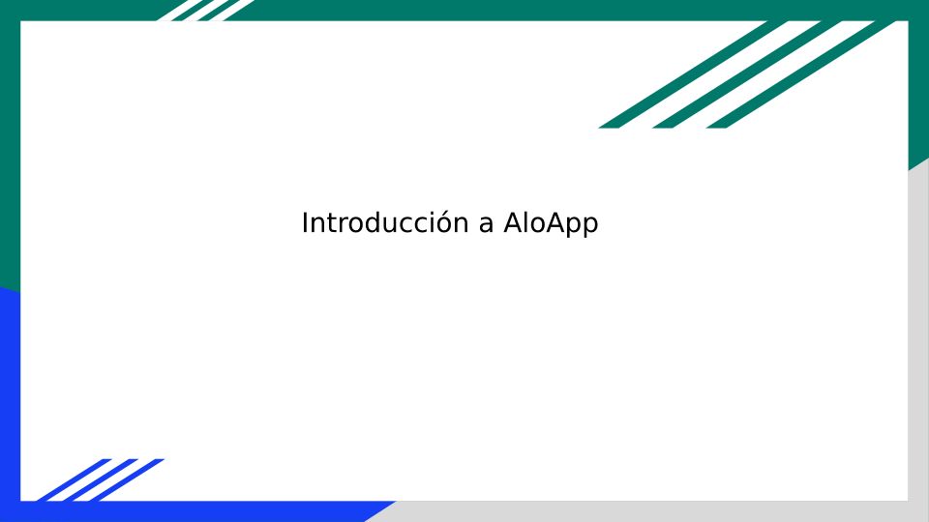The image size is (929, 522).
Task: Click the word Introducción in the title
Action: tap(385, 223)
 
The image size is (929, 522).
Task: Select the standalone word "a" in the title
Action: tap(486, 226)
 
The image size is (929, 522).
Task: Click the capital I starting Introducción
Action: tap(305, 223)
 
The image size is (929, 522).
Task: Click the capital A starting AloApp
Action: tap(513, 223)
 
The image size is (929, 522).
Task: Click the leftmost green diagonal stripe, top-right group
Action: tap(693, 74)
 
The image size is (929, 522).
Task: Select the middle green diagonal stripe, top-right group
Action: tap(747, 74)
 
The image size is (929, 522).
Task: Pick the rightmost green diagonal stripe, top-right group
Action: tap(801, 74)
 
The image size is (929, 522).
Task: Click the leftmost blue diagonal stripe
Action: tap(74, 480)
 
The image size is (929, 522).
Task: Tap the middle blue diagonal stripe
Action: tap(100, 480)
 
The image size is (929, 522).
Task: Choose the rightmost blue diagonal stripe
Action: tap(126, 480)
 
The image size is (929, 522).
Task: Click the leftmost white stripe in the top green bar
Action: tap(180, 10)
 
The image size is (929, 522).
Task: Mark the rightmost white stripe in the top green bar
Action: tap(231, 10)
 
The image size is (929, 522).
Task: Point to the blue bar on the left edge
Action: tap(10, 402)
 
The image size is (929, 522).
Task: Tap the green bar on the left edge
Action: tap(10, 148)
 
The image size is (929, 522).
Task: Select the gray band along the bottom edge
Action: tap(651, 511)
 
